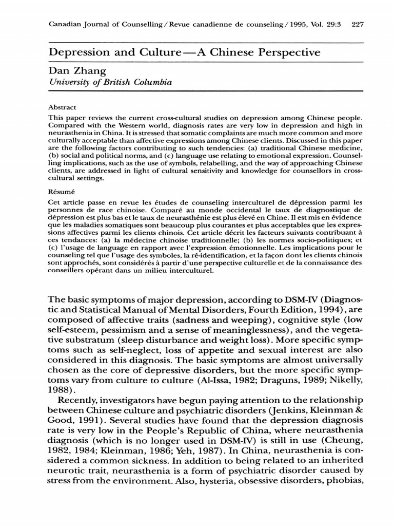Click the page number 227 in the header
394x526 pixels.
(357, 24)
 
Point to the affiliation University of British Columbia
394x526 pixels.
(110, 83)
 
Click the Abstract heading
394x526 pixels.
(62, 108)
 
